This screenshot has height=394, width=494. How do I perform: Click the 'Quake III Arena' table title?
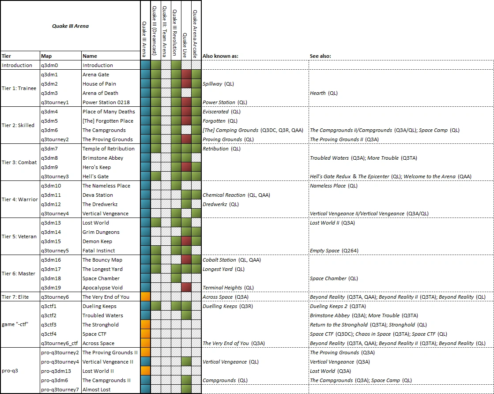point(70,26)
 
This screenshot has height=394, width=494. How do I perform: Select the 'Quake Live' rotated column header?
point(185,30)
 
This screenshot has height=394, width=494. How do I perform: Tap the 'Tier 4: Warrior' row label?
point(20,199)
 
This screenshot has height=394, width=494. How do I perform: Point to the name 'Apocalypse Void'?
point(103,288)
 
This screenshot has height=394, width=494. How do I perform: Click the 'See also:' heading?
point(321,56)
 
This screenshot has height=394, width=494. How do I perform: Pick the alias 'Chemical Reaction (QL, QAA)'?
point(236,195)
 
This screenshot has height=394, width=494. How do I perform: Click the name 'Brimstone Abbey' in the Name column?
point(103,158)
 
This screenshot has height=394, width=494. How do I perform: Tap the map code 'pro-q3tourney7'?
point(60,390)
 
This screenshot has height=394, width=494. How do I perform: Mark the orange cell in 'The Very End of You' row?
point(145,297)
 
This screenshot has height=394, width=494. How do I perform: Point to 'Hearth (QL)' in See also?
point(324,93)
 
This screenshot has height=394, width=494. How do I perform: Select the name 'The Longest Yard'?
point(102,269)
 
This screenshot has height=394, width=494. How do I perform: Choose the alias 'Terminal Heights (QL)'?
point(228,288)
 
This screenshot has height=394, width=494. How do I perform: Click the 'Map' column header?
point(46,56)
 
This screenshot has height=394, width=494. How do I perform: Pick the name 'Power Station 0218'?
point(106,102)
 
